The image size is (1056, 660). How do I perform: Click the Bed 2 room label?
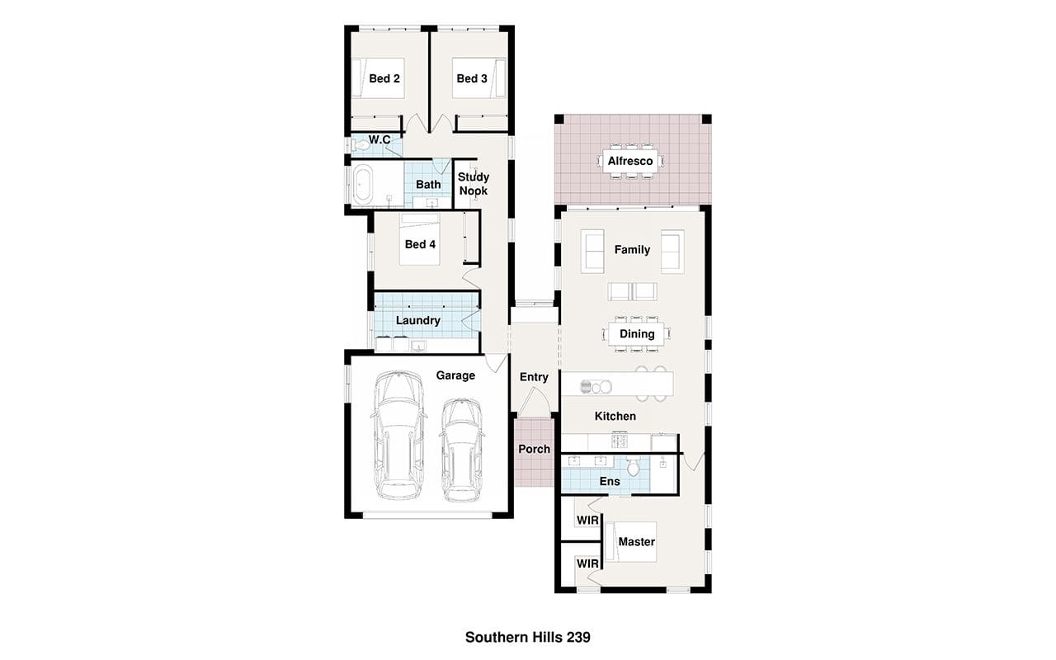384,78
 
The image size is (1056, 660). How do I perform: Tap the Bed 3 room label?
472,78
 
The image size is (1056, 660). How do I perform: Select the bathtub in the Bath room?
363,184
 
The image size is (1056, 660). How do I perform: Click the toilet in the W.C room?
361,146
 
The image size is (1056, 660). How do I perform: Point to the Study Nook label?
474,184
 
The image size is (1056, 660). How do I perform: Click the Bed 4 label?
420,244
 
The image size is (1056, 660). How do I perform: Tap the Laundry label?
418,321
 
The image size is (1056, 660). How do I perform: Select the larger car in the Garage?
398,435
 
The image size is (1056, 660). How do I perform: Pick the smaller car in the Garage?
462,450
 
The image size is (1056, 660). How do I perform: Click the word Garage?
455,375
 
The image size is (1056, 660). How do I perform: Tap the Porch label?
534,450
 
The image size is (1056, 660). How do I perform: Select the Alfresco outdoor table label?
630,161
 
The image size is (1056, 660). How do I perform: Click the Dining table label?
637,334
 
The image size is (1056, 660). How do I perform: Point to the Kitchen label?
615,417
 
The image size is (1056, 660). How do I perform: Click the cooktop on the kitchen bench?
620,441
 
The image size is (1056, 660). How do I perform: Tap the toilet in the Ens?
634,466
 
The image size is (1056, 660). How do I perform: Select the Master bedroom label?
636,542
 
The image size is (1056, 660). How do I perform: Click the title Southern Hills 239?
527,638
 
